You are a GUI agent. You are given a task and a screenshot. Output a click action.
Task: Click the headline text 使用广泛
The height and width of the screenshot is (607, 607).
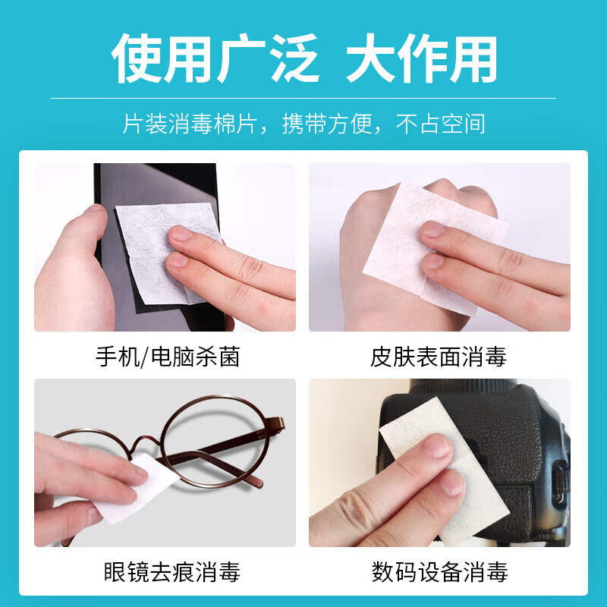(x=215, y=59)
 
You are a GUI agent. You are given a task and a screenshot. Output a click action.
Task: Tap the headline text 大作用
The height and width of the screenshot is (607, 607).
(x=422, y=59)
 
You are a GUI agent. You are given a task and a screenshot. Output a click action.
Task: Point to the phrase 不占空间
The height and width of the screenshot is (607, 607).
(x=441, y=124)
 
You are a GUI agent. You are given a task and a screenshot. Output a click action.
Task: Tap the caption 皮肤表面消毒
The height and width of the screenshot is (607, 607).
(x=439, y=356)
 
